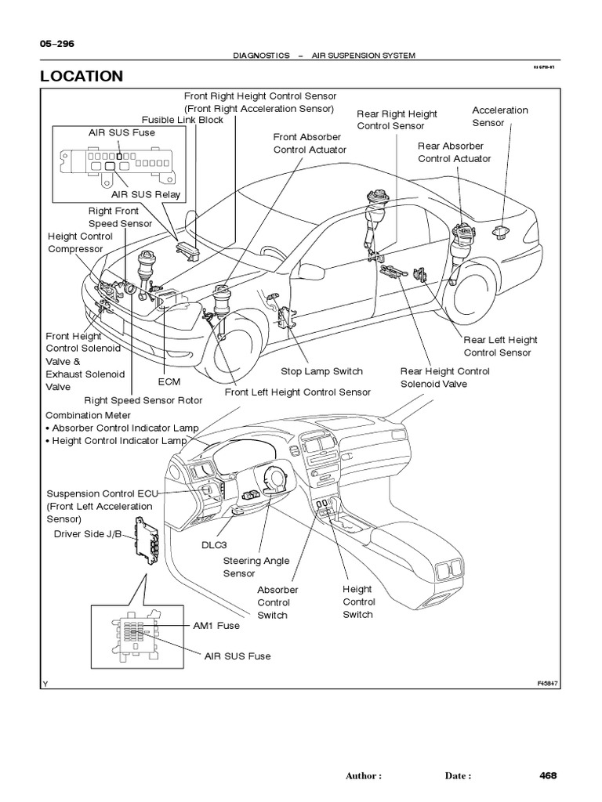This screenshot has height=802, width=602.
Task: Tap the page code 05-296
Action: pyautogui.click(x=56, y=44)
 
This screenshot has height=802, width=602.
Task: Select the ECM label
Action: pyautogui.click(x=169, y=382)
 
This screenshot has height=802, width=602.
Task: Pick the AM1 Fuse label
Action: pyautogui.click(x=216, y=626)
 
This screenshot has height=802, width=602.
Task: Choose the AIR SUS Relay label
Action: pyautogui.click(x=145, y=194)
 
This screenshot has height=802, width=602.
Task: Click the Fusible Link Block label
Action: pyautogui.click(x=183, y=120)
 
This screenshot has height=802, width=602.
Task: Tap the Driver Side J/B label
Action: pyautogui.click(x=85, y=534)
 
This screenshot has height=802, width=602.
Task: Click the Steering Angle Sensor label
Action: pyautogui.click(x=245, y=567)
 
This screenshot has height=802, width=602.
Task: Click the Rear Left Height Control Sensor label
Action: pyautogui.click(x=501, y=346)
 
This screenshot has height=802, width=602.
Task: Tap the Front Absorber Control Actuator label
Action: pyautogui.click(x=310, y=143)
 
